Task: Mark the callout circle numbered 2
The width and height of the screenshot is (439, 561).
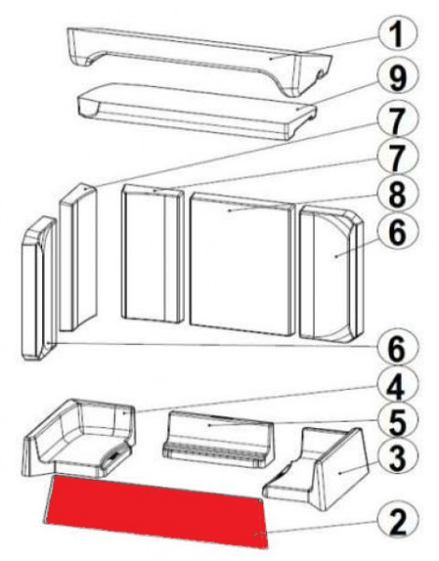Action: (397, 523)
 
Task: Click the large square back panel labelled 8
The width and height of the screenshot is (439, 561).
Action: (241, 264)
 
